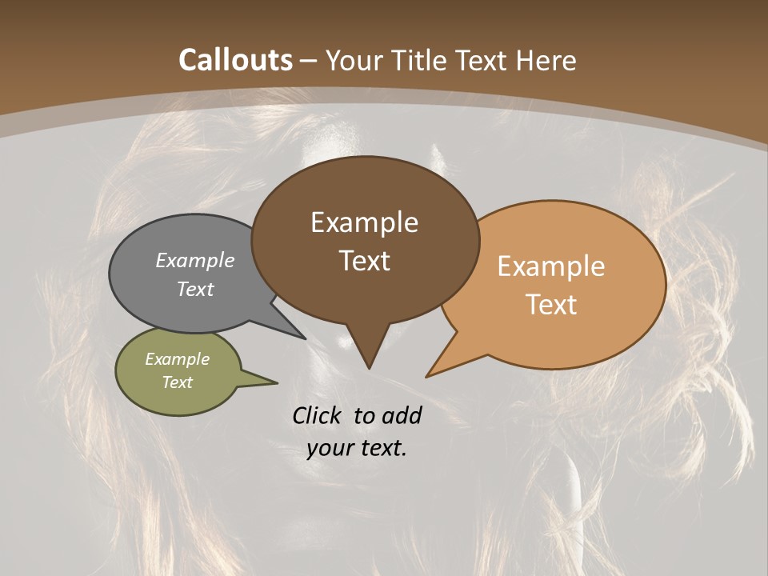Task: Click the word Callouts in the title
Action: pyautogui.click(x=236, y=60)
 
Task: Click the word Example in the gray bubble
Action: pyautogui.click(x=195, y=260)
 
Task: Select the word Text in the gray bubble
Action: pyautogui.click(x=195, y=289)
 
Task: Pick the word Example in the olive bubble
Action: pyautogui.click(x=177, y=359)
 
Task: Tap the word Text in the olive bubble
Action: pyautogui.click(x=177, y=382)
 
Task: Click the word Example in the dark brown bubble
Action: pyautogui.click(x=364, y=222)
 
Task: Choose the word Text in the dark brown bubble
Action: pyautogui.click(x=364, y=261)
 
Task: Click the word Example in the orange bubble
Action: pyautogui.click(x=551, y=266)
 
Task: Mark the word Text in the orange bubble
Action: pyautogui.click(x=551, y=305)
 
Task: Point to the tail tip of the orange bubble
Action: pyautogui.click(x=427, y=376)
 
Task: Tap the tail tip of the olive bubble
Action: pyautogui.click(x=277, y=382)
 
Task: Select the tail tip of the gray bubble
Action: pyautogui.click(x=305, y=338)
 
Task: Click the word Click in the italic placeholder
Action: pyautogui.click(x=318, y=415)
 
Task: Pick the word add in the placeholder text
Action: pyautogui.click(x=402, y=415)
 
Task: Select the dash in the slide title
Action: pyautogui.click(x=310, y=61)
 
